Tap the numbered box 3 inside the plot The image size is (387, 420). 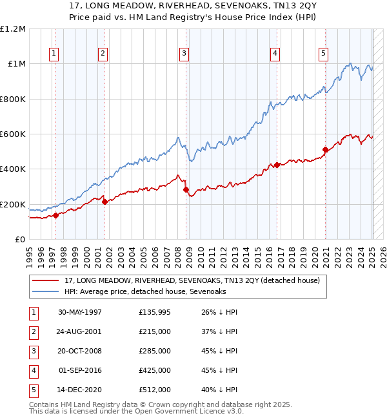(184, 54)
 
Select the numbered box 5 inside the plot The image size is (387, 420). (322, 54)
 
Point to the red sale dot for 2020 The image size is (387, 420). (325, 150)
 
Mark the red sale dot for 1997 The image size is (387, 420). (55, 216)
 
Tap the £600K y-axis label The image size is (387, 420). (13, 134)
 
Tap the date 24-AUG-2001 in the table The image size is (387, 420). (80, 331)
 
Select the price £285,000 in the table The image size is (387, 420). (154, 351)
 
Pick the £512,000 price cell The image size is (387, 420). (154, 390)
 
